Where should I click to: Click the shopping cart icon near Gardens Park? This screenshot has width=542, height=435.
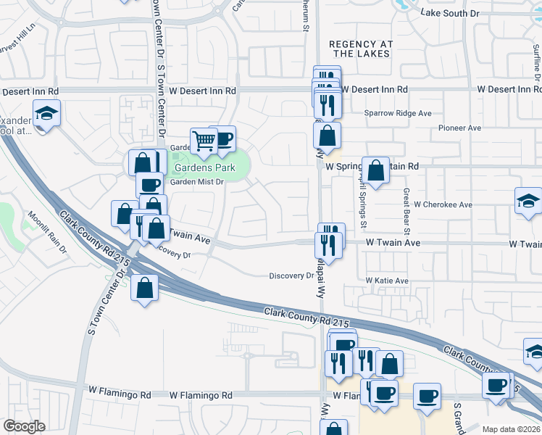204,141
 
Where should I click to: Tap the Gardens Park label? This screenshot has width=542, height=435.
204,168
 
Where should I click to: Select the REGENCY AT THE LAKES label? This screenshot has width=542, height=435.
360,49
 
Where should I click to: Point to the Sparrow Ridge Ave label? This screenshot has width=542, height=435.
397,114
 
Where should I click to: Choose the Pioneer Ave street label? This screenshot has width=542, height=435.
459,128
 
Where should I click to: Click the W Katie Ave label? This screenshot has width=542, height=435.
387,281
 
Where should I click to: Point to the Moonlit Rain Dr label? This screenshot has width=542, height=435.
47,232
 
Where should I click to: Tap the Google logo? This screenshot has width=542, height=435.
24,426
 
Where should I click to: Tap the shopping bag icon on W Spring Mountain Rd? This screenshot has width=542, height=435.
375,171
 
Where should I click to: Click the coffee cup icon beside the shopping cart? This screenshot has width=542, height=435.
222,138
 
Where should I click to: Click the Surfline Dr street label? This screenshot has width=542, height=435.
536,62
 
